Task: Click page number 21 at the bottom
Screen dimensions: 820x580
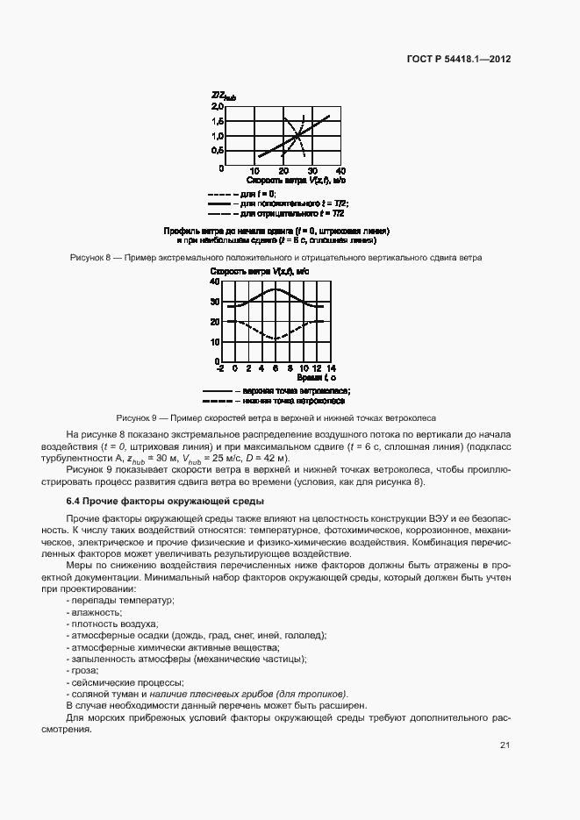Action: [x=505, y=745]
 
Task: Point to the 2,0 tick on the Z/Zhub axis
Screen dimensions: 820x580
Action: [x=218, y=106]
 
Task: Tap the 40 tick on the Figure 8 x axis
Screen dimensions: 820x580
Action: [x=340, y=171]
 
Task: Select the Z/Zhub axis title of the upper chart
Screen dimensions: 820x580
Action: [x=223, y=96]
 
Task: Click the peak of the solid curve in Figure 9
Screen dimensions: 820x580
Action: [x=276, y=289]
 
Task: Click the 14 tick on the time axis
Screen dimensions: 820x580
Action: [x=330, y=368]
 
